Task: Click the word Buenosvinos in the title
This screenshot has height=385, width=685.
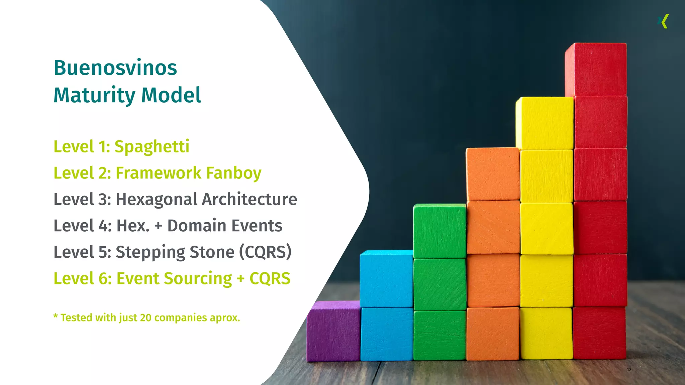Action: tap(115, 68)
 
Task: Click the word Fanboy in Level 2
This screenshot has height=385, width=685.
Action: tap(233, 173)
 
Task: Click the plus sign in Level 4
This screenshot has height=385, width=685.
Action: tap(158, 226)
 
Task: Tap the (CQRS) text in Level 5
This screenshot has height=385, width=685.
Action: tap(265, 252)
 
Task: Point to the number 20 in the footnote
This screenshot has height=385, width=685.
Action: tap(145, 317)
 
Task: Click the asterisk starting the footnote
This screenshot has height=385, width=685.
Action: tap(56, 316)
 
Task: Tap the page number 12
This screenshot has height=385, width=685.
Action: tap(629, 369)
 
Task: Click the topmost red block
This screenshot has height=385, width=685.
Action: tap(596, 69)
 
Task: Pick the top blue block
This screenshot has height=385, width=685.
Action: tap(386, 278)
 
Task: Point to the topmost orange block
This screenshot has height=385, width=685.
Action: tap(493, 174)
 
